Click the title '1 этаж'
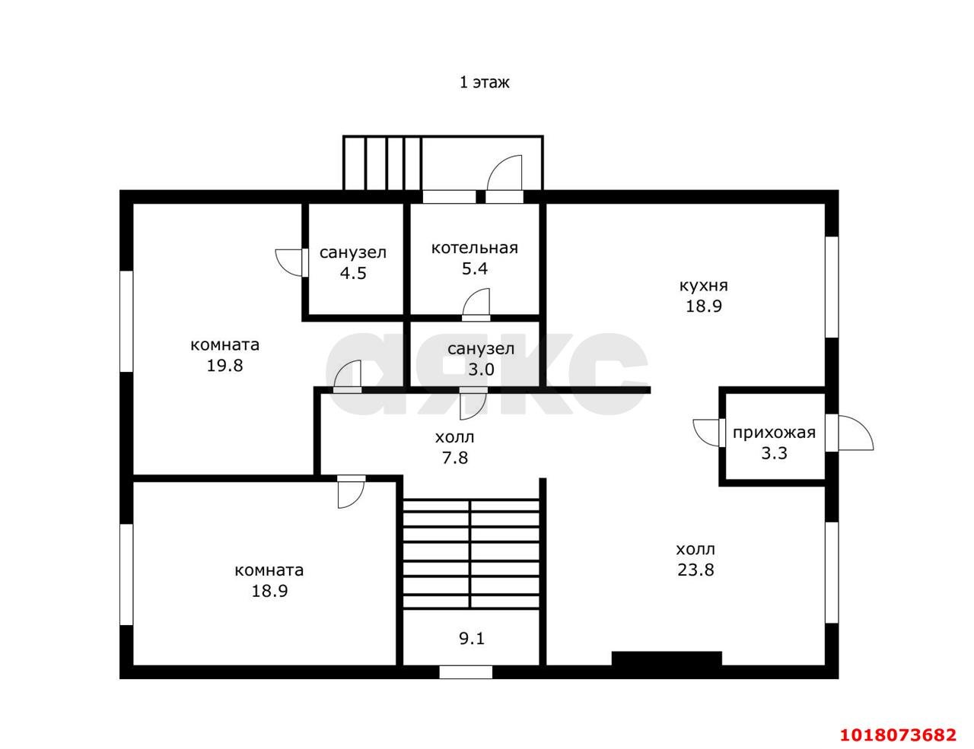point(485,83)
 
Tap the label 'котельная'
point(474,248)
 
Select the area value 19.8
point(224,366)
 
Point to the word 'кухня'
point(704,286)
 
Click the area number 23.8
point(695,570)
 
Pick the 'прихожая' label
point(774,433)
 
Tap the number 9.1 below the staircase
point(472,639)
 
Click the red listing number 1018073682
point(898,735)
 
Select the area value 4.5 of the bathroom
point(353,273)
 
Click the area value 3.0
point(481,370)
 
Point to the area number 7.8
point(455,458)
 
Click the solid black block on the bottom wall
point(667,658)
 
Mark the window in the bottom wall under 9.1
point(466,672)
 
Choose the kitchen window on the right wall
point(832,287)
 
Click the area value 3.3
point(774,453)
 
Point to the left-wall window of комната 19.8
point(126,321)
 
